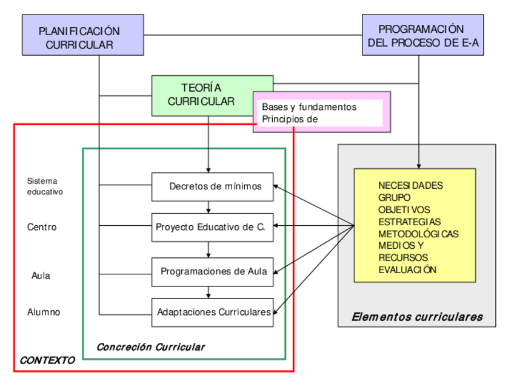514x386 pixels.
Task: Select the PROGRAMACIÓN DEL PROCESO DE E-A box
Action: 422,35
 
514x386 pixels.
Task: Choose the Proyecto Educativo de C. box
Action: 212,227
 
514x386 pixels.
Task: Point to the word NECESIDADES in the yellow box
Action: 410,185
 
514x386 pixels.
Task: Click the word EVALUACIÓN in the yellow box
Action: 407,270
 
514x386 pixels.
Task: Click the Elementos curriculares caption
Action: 417,316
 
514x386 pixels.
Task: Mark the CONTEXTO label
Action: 47,360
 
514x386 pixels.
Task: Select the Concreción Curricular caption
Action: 151,347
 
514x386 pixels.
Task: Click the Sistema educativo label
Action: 45,186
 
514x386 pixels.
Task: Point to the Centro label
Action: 42,227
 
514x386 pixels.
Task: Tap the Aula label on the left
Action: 41,276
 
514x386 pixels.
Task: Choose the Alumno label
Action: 44,312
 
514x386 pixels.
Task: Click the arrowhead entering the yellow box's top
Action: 419,166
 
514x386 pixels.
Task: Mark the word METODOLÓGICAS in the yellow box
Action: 418,234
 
